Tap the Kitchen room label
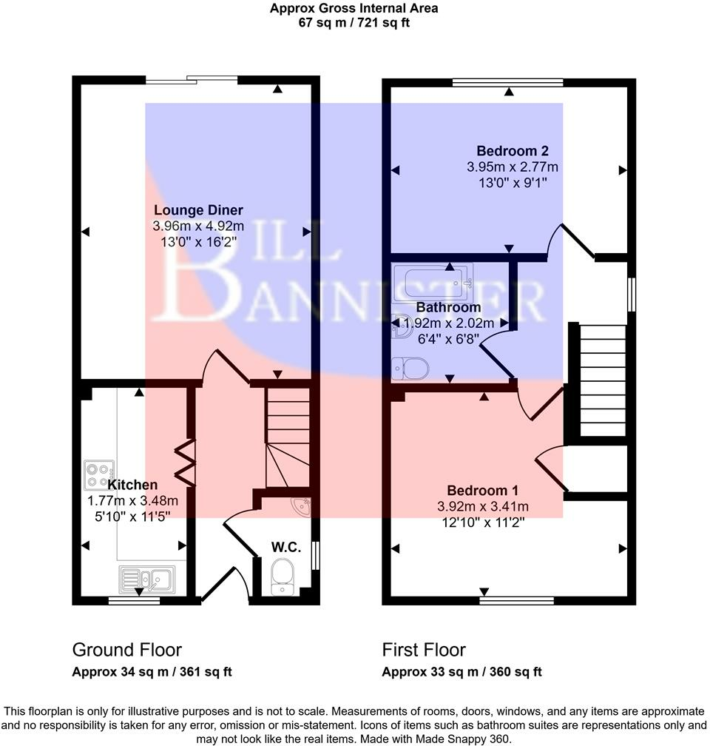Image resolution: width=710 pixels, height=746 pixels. tap(132, 485)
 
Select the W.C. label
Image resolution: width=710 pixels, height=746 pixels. tap(285, 547)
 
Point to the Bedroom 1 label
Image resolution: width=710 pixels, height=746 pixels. tap(482, 490)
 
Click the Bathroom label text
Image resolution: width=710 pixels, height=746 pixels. tap(448, 306)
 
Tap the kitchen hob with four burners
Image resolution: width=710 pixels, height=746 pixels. tap(99, 471)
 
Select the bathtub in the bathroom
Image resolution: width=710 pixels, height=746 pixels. tap(437, 281)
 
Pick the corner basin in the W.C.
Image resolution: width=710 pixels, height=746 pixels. tap(302, 505)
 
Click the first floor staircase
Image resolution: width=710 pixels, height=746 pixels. tap(602, 381)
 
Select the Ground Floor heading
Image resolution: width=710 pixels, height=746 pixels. tap(126, 650)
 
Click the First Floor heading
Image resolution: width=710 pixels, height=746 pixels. tap(424, 650)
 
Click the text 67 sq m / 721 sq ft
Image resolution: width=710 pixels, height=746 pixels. tap(354, 22)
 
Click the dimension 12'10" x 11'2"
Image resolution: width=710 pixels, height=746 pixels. tap(481, 522)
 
